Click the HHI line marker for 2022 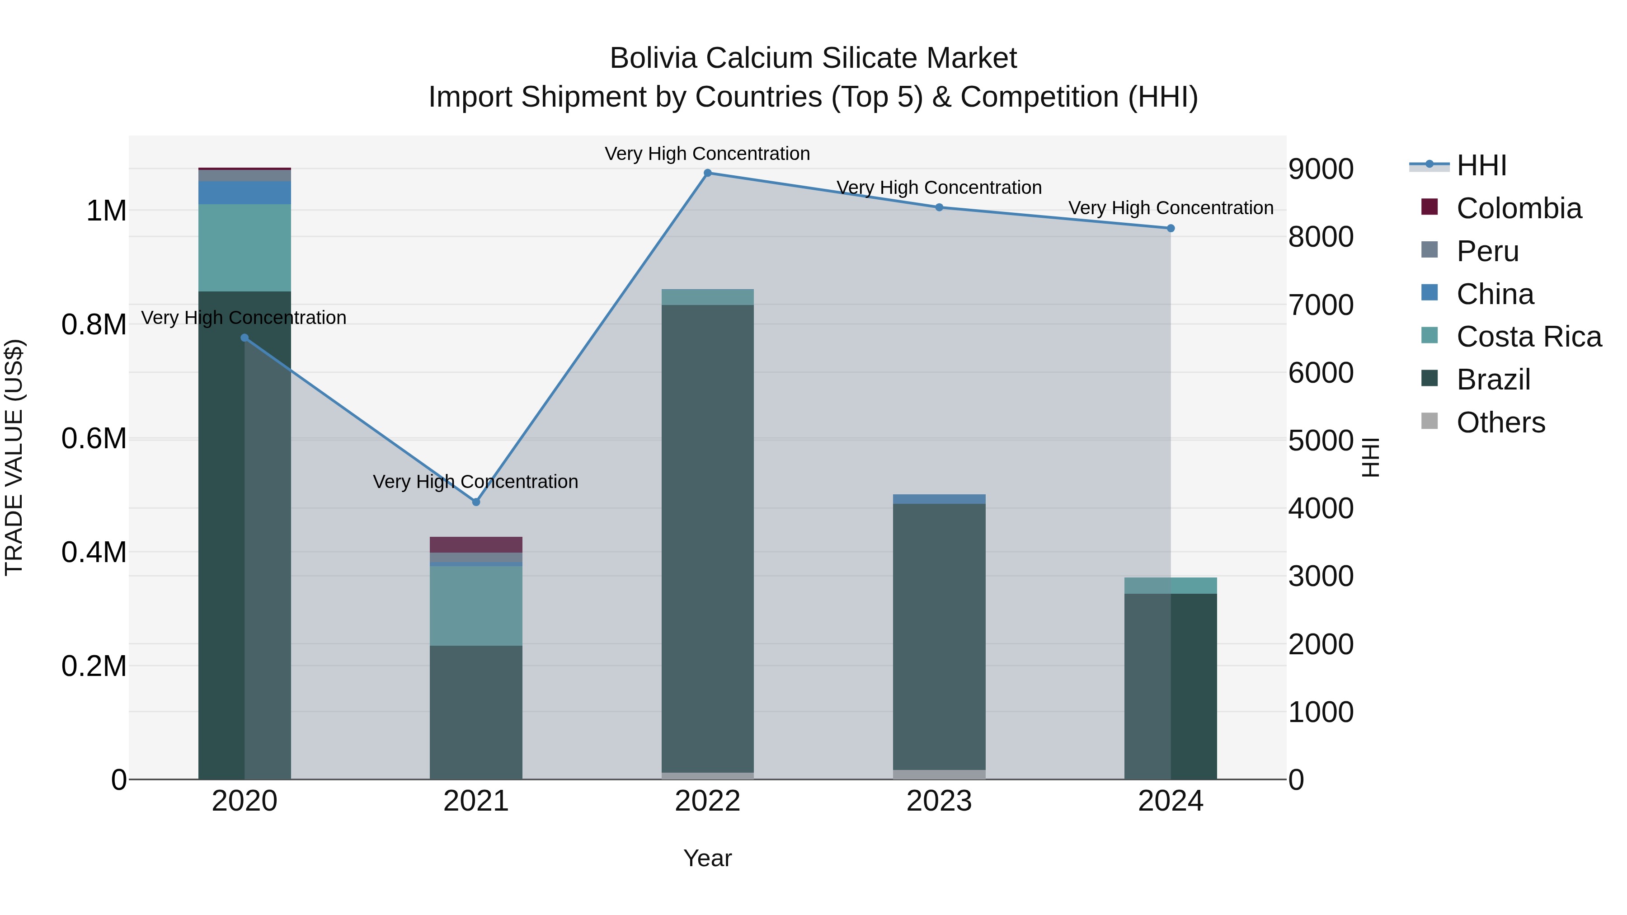(x=707, y=173)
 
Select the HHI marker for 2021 (x=476, y=502)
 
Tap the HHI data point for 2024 (x=1171, y=229)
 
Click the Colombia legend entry (x=1519, y=208)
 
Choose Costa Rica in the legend (x=1528, y=337)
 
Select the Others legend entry (x=1500, y=422)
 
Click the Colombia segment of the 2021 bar (x=476, y=544)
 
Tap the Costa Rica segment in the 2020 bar (x=245, y=248)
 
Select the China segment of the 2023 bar (x=939, y=499)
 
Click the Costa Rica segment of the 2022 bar (x=707, y=297)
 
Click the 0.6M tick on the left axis (x=94, y=438)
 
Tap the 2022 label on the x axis (x=707, y=801)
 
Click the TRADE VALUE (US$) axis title (x=14, y=457)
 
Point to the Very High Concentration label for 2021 (x=475, y=482)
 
